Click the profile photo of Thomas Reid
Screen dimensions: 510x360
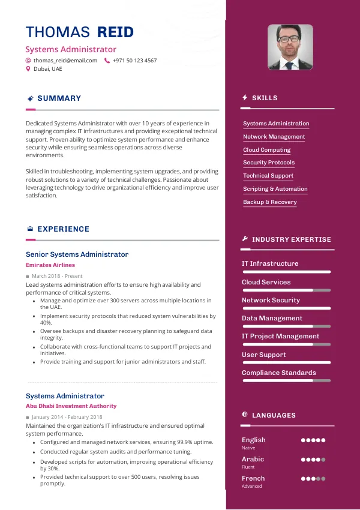coord(290,47)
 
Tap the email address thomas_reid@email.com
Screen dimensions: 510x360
coord(65,61)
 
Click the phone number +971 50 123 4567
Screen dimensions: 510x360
coord(134,61)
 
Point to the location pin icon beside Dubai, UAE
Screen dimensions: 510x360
coord(28,69)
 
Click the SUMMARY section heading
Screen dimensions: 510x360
coord(59,98)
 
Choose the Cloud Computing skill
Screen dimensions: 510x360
coord(266,150)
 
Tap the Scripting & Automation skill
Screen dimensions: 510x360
coord(275,189)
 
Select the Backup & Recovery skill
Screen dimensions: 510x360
coord(269,202)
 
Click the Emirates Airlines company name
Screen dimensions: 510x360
coord(50,265)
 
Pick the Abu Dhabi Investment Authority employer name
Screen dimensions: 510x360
coord(71,406)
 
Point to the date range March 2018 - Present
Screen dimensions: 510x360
coord(57,276)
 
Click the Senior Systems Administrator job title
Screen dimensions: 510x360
coord(77,254)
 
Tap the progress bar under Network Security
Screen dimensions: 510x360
coord(286,308)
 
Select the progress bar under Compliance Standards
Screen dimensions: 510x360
coord(286,380)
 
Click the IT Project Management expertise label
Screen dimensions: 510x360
coord(280,336)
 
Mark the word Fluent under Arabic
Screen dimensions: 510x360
coord(248,467)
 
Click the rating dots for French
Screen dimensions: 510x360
coord(313,479)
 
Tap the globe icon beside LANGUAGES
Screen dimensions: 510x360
coord(245,415)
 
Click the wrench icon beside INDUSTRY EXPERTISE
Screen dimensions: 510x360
coord(245,239)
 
